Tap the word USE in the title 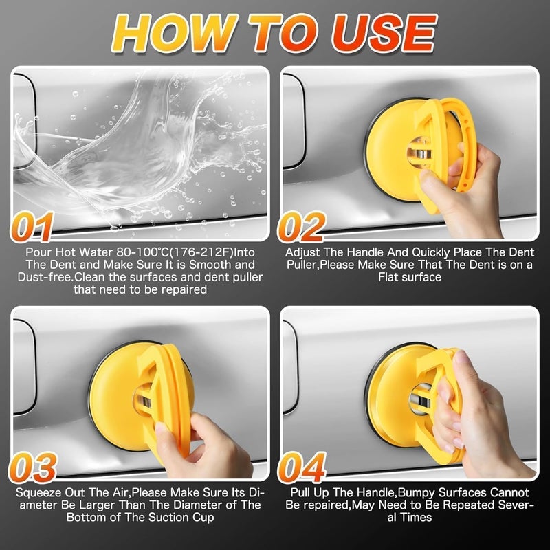click(x=384, y=32)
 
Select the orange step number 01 click(x=32, y=227)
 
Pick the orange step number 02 click(x=302, y=227)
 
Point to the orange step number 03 click(x=32, y=467)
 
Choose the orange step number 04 click(x=302, y=467)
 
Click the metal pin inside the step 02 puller click(x=419, y=154)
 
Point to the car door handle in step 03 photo click(x=24, y=366)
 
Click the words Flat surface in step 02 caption click(x=409, y=277)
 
